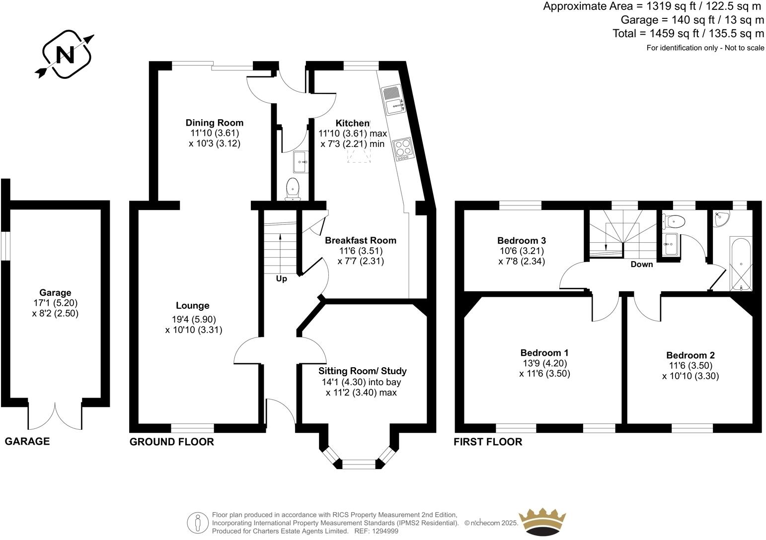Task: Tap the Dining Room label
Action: click(215, 123)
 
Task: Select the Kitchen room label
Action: click(352, 123)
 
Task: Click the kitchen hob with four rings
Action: click(403, 150)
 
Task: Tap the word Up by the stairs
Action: click(281, 279)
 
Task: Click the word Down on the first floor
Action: click(641, 264)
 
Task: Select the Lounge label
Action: click(192, 306)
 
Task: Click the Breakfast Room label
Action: click(361, 240)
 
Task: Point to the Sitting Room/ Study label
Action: click(362, 371)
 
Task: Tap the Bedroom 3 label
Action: click(522, 241)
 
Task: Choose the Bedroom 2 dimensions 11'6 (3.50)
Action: click(690, 366)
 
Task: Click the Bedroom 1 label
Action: click(544, 353)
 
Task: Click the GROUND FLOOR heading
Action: click(171, 442)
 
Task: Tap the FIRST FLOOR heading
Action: click(488, 442)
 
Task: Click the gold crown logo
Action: click(542, 522)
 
